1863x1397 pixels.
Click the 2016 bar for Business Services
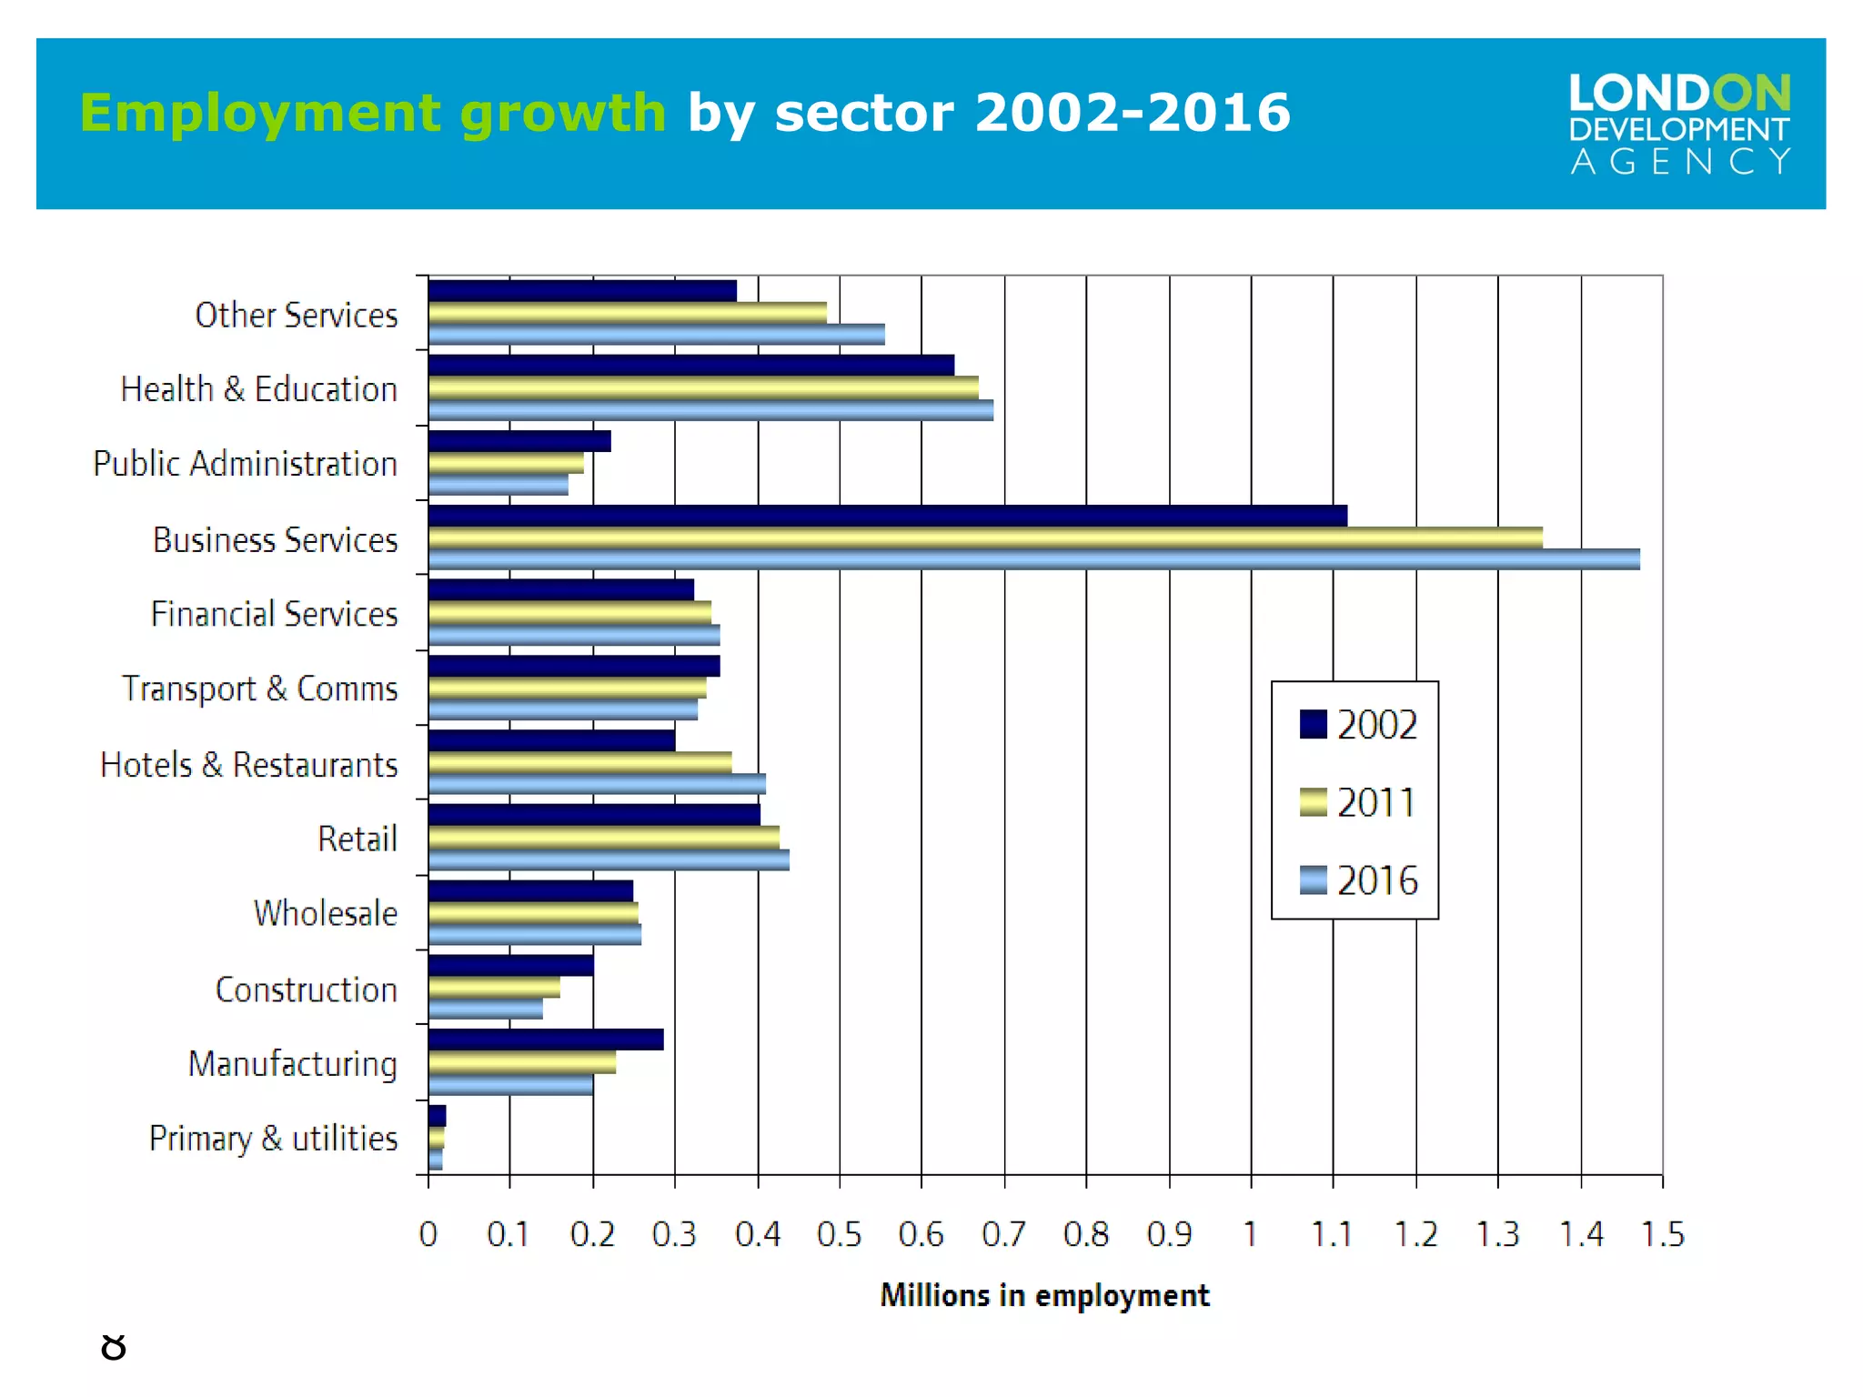pyautogui.click(x=1033, y=560)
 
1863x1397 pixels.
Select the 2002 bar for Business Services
pyautogui.click(x=887, y=516)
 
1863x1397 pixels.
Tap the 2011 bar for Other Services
pyautogui.click(x=628, y=313)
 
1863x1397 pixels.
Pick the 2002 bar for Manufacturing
pyautogui.click(x=546, y=1040)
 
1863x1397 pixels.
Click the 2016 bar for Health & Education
pyautogui.click(x=710, y=411)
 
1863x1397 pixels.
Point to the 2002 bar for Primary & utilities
pyautogui.click(x=438, y=1116)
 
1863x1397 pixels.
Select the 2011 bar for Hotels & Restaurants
pyautogui.click(x=580, y=762)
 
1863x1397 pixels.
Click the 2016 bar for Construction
pyautogui.click(x=486, y=1009)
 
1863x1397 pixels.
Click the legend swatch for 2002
pyautogui.click(x=1313, y=725)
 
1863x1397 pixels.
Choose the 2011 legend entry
pyautogui.click(x=1375, y=803)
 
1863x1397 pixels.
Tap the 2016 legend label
pyautogui.click(x=1377, y=880)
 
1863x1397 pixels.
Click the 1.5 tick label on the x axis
pyautogui.click(x=1662, y=1234)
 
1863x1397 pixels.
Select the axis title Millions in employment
pyautogui.click(x=1044, y=1295)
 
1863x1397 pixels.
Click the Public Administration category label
pyautogui.click(x=245, y=464)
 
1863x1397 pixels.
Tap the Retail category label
pyautogui.click(x=357, y=839)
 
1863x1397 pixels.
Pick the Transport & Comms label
pyautogui.click(x=259, y=689)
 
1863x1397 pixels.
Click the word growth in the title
pyautogui.click(x=563, y=114)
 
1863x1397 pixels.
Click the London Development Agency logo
pyautogui.click(x=1679, y=124)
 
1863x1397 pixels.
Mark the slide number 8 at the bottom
pyautogui.click(x=114, y=1347)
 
